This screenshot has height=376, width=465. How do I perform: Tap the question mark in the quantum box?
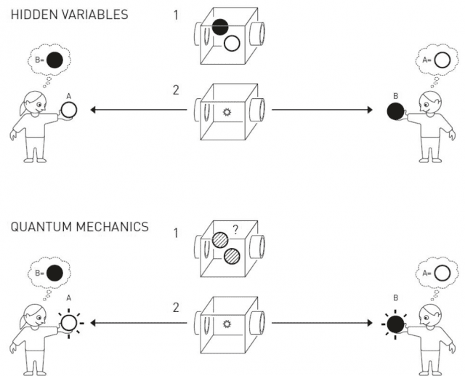point(236,231)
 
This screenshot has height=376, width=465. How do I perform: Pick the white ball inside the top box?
point(232,43)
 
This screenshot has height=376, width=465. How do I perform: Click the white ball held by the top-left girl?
point(69,111)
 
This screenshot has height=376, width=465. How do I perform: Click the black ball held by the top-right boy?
point(395,111)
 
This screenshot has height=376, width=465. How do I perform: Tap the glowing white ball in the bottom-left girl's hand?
point(69,321)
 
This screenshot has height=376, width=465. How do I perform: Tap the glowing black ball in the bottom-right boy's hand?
point(395,321)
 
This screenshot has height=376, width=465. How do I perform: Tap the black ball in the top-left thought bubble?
point(54,61)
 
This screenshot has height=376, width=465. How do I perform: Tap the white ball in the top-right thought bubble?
point(441,61)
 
